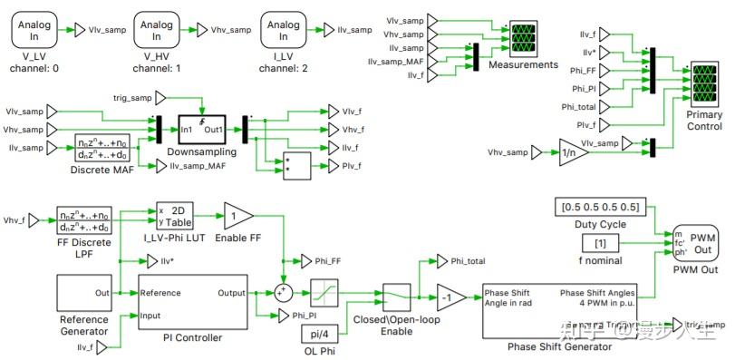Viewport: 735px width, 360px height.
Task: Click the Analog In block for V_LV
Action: [x=33, y=30]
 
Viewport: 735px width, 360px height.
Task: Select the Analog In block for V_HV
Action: [x=156, y=30]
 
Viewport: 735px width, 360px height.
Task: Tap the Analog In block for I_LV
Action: [x=282, y=30]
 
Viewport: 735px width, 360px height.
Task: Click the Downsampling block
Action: [x=209, y=130]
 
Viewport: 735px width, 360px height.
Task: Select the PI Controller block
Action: [x=192, y=304]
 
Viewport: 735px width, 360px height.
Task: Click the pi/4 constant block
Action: [x=324, y=334]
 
